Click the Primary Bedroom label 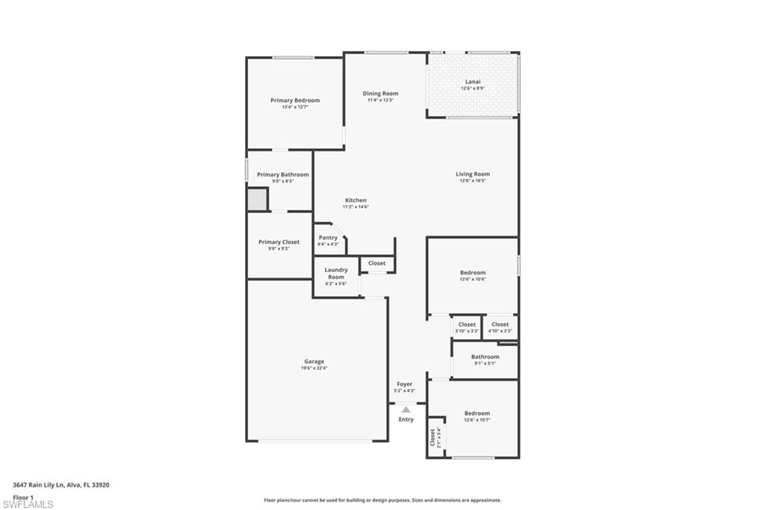pyautogui.click(x=295, y=100)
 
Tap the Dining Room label pyautogui.click(x=380, y=93)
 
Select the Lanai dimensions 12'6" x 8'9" pyautogui.click(x=472, y=88)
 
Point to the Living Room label pyautogui.click(x=472, y=174)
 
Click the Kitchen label pyautogui.click(x=356, y=200)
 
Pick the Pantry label pyautogui.click(x=327, y=238)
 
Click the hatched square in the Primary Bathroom pyautogui.click(x=257, y=200)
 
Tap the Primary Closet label pyautogui.click(x=279, y=242)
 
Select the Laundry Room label pyautogui.click(x=335, y=273)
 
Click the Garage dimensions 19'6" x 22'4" pyautogui.click(x=314, y=368)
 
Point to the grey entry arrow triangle pyautogui.click(x=406, y=409)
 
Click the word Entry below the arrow pyautogui.click(x=406, y=420)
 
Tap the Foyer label pyautogui.click(x=404, y=384)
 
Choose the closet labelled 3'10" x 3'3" pyautogui.click(x=467, y=327)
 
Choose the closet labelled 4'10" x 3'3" pyautogui.click(x=500, y=327)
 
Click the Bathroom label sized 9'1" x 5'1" pyautogui.click(x=484, y=357)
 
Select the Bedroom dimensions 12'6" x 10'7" pyautogui.click(x=477, y=420)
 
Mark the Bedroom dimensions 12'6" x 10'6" pyautogui.click(x=472, y=279)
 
